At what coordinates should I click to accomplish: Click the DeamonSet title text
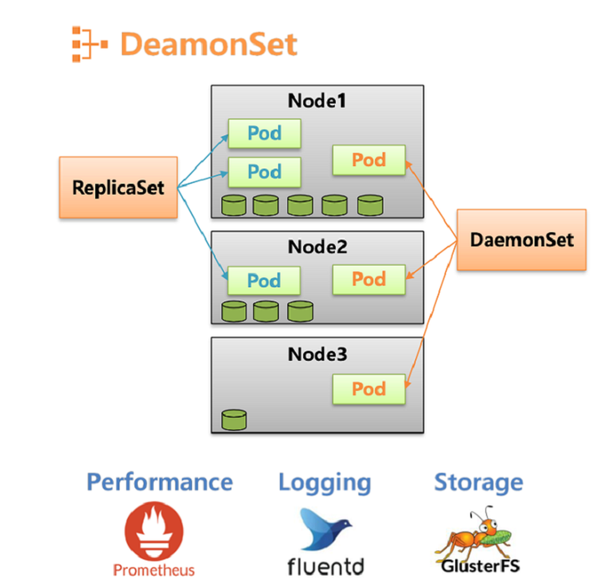click(x=208, y=43)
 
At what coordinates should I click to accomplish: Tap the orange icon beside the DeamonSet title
click(x=89, y=43)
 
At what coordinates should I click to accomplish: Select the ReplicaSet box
click(x=118, y=186)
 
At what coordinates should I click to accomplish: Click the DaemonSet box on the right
click(x=522, y=240)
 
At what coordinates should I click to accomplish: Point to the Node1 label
click(x=317, y=101)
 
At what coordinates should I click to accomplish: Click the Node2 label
click(x=317, y=247)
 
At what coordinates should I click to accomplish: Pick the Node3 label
click(x=317, y=354)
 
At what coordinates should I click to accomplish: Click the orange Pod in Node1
click(x=368, y=160)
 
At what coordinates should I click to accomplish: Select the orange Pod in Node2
click(x=368, y=279)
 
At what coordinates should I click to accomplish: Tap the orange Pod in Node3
click(x=368, y=389)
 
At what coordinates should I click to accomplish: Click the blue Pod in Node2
click(x=264, y=281)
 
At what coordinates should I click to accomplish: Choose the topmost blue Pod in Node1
click(x=264, y=133)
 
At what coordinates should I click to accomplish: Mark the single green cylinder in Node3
click(x=234, y=419)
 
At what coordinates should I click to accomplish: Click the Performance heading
click(x=160, y=482)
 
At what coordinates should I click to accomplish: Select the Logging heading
click(x=324, y=482)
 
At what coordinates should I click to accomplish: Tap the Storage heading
click(x=479, y=482)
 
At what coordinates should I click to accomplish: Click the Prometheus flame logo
click(x=154, y=533)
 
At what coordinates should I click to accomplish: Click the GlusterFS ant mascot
click(x=478, y=533)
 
